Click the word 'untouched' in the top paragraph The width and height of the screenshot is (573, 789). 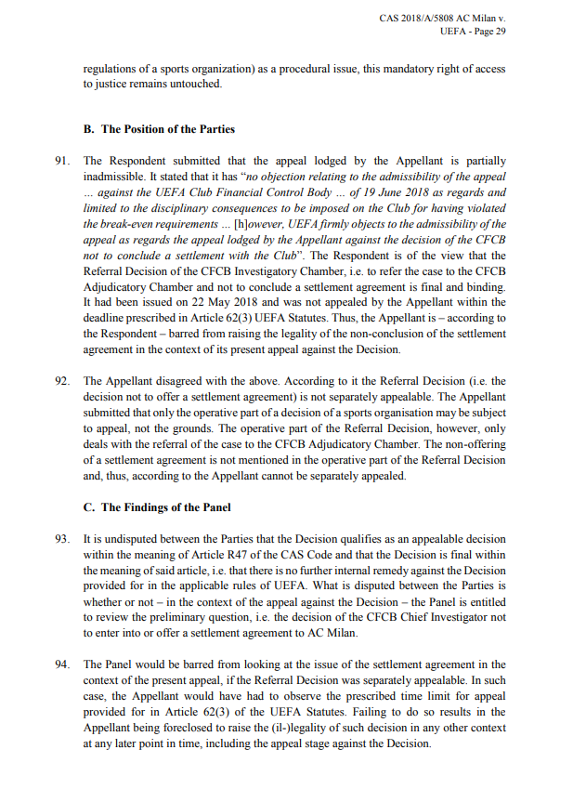point(193,84)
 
